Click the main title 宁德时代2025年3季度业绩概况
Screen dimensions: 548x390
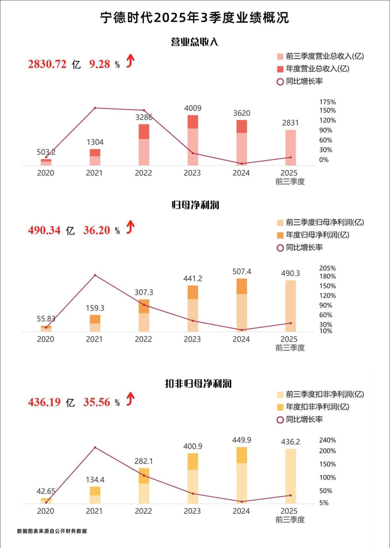coord(195,18)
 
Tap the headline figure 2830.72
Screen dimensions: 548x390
coord(47,65)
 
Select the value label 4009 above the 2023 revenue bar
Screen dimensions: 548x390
coord(193,108)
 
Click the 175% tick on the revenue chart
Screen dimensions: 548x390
coord(328,102)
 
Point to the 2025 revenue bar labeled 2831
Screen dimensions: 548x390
coord(290,147)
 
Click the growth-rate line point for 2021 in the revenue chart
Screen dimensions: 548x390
coord(95,108)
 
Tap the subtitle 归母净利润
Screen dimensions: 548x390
coord(195,206)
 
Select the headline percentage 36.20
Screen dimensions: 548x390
coord(97,231)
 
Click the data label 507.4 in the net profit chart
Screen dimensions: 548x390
coord(242,271)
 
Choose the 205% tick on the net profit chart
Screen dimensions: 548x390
coord(328,268)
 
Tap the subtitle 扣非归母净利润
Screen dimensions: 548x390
coord(195,383)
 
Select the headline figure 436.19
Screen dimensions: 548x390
coord(44,403)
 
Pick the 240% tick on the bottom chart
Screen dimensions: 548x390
coord(328,440)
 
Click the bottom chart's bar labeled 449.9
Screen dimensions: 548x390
coord(242,475)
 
